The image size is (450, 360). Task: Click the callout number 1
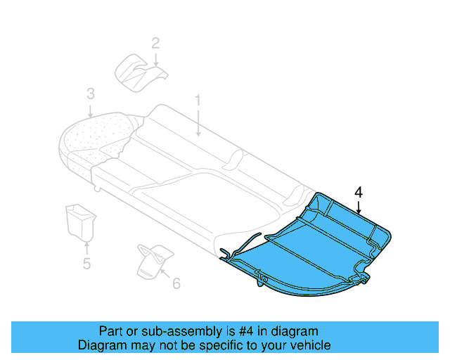(x=198, y=101)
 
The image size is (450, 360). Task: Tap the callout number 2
(x=155, y=43)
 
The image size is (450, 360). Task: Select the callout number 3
(x=90, y=94)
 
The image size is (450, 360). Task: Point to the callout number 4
(x=359, y=192)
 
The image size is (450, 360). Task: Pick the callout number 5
(x=86, y=264)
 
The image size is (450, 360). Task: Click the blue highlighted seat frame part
(x=309, y=246)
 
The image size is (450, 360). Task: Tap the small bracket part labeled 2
(x=138, y=70)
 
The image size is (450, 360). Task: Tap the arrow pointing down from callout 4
(x=359, y=206)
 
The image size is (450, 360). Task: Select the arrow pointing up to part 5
(x=86, y=247)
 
